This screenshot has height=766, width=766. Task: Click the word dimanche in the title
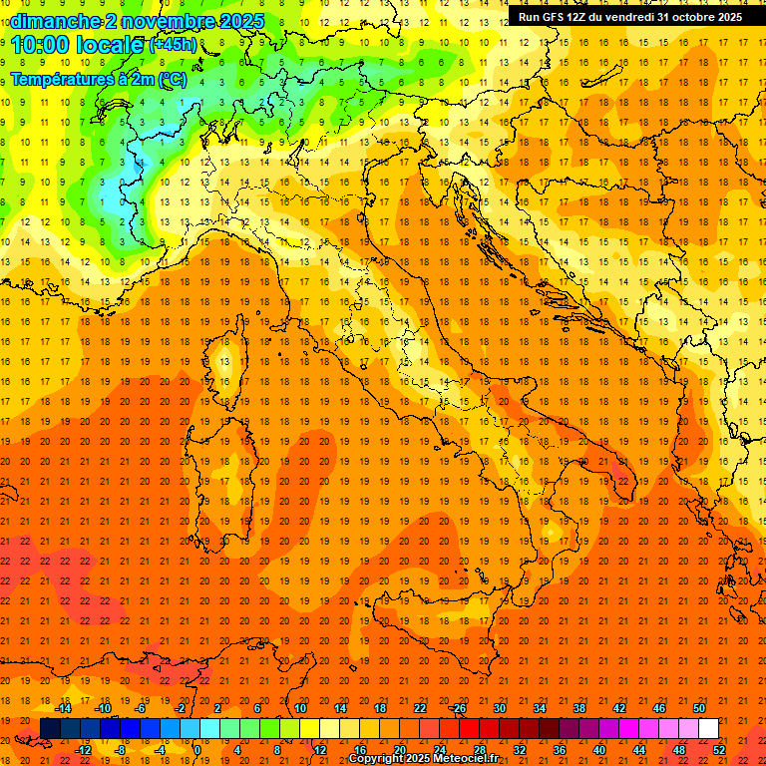(56, 21)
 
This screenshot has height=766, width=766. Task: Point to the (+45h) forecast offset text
(172, 45)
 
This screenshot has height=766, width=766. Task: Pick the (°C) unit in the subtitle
(170, 79)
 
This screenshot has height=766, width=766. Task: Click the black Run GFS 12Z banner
(629, 17)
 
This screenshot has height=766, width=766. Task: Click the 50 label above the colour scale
(699, 708)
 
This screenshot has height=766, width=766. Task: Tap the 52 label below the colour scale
(719, 750)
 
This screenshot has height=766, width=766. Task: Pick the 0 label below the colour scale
(197, 750)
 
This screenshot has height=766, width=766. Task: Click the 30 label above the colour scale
(499, 708)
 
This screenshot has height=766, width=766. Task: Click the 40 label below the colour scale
(598, 750)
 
